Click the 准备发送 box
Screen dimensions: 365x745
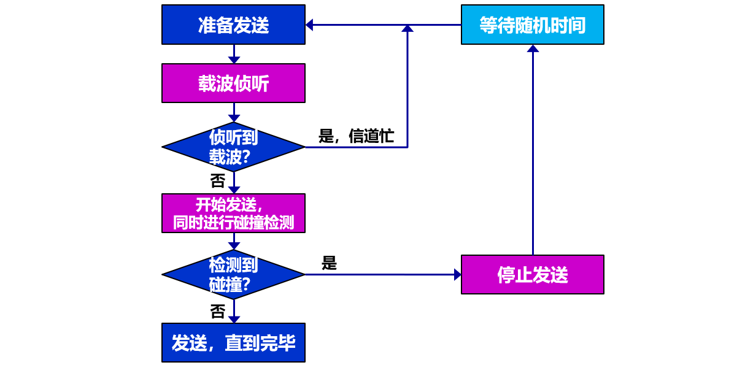233,25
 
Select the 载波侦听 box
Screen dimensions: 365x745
233,83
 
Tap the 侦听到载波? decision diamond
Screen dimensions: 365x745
233,147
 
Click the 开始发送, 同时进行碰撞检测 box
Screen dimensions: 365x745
233,213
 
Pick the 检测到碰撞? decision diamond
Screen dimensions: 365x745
233,274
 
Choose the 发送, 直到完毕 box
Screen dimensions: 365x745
233,342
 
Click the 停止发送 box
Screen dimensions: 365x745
532,274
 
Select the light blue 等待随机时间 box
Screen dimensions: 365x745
532,25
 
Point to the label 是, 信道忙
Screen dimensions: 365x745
356,136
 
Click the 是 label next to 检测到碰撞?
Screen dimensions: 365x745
330,263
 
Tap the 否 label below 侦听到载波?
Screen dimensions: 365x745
218,181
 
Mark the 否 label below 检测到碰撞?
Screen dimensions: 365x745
218,312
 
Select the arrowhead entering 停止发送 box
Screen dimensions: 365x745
457,274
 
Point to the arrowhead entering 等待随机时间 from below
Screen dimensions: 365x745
533,48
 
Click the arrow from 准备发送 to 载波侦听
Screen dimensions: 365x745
234,55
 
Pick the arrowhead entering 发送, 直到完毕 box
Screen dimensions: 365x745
234,319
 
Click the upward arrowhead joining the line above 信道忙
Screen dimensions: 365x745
407,28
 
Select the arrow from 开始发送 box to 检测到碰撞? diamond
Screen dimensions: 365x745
234,242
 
